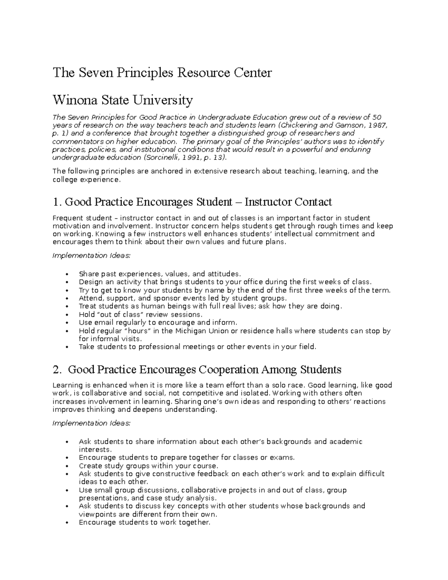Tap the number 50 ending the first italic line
click(x=377, y=117)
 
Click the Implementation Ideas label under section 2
click(x=91, y=423)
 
